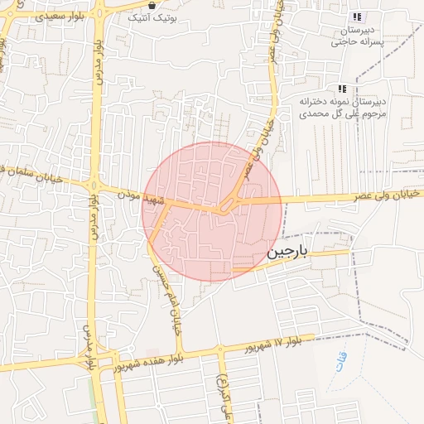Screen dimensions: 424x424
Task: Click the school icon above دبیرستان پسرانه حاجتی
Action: point(357,17)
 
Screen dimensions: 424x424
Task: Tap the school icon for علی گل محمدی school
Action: point(341,89)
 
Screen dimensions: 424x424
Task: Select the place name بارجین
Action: point(287,254)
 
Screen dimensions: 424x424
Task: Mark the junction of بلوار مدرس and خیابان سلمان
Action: point(94,184)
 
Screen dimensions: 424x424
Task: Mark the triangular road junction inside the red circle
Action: point(228,206)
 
